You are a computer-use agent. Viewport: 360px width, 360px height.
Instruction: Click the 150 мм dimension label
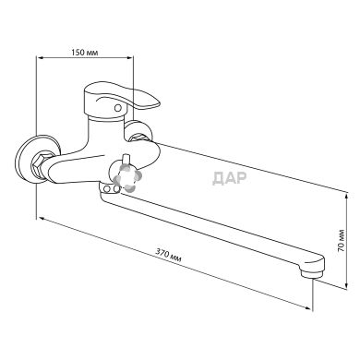85,53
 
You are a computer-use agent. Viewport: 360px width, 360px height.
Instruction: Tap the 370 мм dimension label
168,256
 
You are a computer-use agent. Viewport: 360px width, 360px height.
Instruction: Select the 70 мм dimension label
341,241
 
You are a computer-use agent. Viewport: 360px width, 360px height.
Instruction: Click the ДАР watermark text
230,178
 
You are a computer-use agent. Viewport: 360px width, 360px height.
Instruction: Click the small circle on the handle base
117,108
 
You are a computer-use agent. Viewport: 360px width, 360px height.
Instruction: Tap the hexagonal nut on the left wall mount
41,164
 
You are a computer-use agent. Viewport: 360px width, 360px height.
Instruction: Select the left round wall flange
34,159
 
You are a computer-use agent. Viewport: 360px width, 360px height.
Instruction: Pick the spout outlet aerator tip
312,272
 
